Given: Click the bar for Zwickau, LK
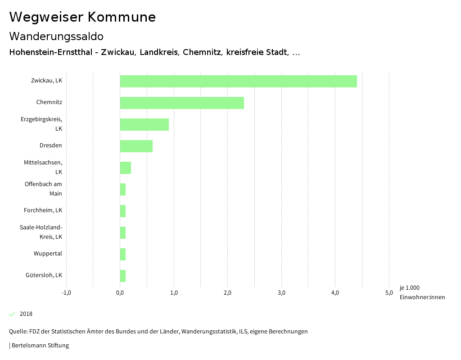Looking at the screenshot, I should [238, 81].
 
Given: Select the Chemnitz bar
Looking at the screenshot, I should [182, 103].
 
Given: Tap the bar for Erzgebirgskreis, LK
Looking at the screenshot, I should [144, 124].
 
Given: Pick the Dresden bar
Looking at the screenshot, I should [136, 146].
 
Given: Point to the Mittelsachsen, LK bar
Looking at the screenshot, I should [125, 168].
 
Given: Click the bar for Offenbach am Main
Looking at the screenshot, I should [122, 189].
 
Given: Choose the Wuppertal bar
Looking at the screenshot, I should [122, 254].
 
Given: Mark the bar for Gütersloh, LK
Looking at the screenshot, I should [122, 276].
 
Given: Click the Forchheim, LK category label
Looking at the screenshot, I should [43, 210].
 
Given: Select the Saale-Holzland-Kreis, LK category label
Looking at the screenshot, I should [41, 232].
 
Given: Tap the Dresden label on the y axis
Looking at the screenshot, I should [50, 146].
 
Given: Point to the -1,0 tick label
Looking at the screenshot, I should [66, 293].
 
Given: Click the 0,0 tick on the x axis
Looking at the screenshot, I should [120, 293].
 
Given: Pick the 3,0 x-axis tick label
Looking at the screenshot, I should [281, 293].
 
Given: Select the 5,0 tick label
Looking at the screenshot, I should [389, 293].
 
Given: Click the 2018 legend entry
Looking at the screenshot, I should [26, 314].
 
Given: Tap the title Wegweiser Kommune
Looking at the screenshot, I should [82, 17].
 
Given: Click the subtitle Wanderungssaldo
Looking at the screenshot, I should [56, 36].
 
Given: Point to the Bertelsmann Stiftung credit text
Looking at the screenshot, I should [40, 346].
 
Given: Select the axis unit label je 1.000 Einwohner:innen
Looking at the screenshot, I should [422, 292].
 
